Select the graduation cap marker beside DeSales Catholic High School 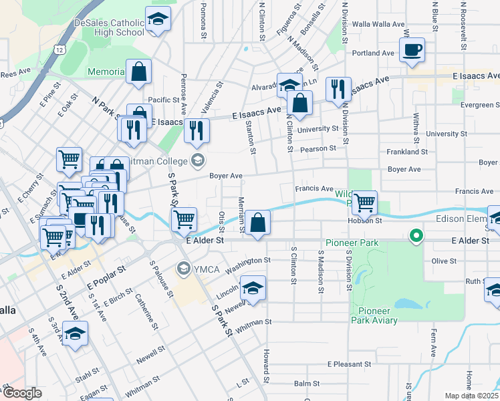click(158, 20)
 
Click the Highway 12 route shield click(60, 50)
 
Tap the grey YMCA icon click(182, 269)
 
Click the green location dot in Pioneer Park click(416, 235)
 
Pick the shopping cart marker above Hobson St click(364, 202)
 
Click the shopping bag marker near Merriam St click(257, 222)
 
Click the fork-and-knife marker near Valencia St click(197, 130)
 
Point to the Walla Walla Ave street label click(380, 24)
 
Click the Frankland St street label click(406, 152)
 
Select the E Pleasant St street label click(348, 364)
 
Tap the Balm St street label click(307, 384)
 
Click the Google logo click(23, 394)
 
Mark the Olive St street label click(443, 261)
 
